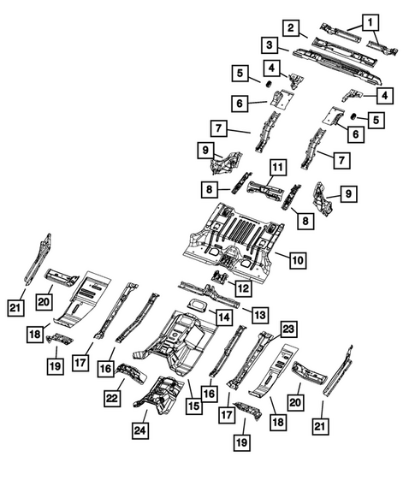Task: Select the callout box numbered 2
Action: pyautogui.click(x=292, y=28)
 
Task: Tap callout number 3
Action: pyautogui.click(x=269, y=44)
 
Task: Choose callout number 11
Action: pyautogui.click(x=277, y=166)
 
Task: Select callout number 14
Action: pyautogui.click(x=222, y=317)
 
